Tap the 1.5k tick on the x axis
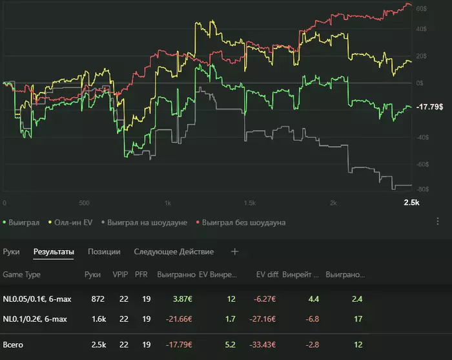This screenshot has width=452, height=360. (249, 202)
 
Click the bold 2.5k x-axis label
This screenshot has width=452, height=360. (411, 202)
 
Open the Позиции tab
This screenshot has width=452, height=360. (104, 251)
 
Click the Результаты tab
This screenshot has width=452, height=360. (54, 251)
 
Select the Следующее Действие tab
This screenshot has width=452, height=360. (174, 251)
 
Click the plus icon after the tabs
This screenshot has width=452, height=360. (235, 251)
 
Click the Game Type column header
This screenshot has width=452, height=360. (21, 275)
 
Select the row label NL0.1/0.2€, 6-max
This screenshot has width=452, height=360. (35, 319)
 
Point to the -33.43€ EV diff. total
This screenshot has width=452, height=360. (263, 344)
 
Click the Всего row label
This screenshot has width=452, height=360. (14, 344)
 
